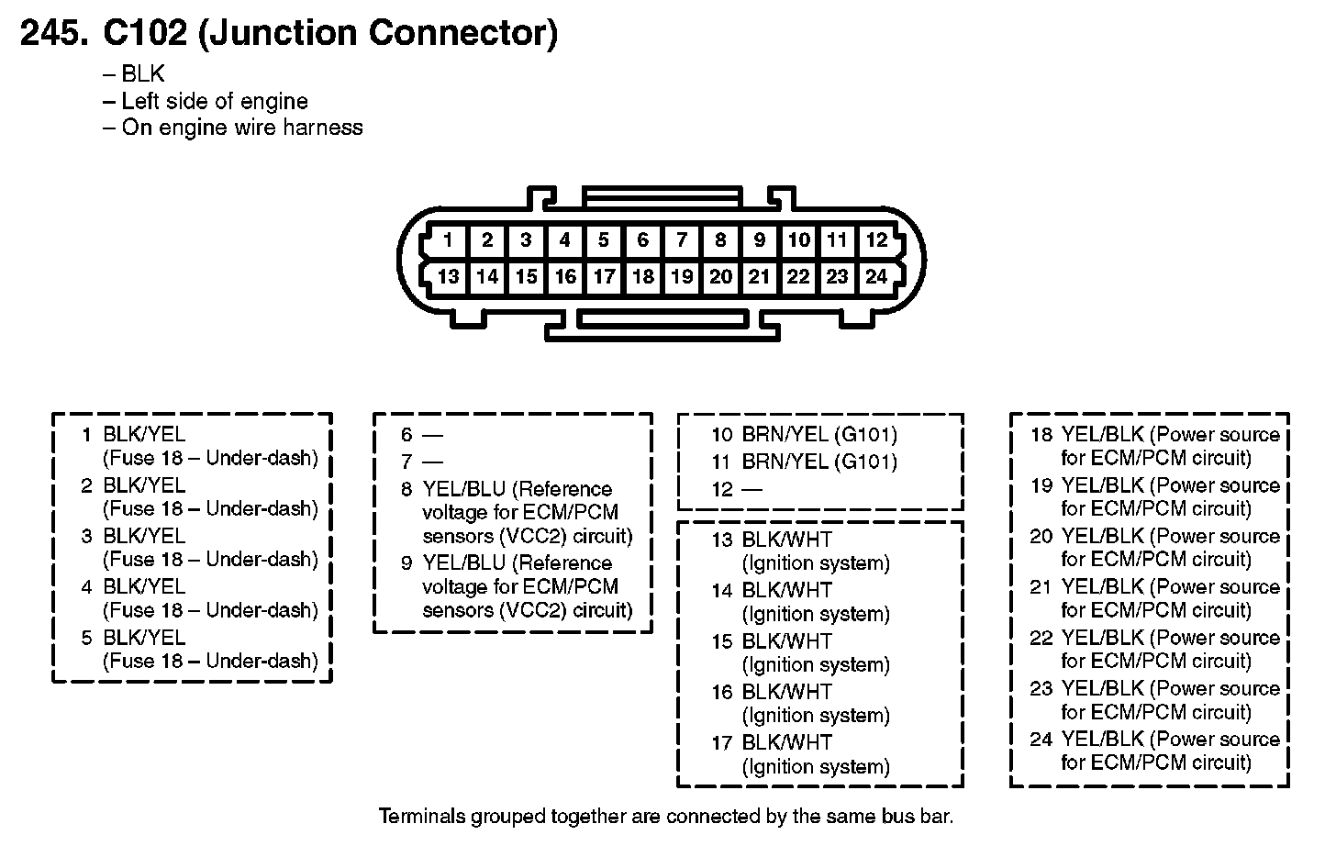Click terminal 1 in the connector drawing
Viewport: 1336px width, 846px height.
click(448, 240)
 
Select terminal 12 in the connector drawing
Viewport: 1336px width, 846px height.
click(876, 240)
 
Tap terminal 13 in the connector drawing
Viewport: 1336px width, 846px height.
click(448, 276)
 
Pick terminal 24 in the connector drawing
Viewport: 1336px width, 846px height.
click(876, 276)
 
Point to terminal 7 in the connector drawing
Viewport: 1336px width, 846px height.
click(682, 240)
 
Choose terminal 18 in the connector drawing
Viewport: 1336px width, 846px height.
click(643, 276)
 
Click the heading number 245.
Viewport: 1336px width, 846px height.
click(54, 33)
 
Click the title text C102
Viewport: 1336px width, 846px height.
click(144, 33)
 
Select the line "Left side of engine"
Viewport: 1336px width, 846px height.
click(215, 101)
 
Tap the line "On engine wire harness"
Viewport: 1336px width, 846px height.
click(242, 128)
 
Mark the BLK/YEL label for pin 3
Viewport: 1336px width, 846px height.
click(144, 536)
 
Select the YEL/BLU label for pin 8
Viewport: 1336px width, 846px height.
click(464, 489)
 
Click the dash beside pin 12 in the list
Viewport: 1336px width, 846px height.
click(751, 490)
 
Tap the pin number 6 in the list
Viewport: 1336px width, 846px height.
click(406, 435)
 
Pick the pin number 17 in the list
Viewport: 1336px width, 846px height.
click(721, 743)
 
